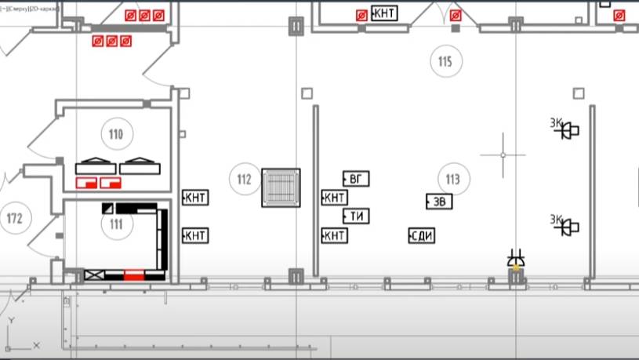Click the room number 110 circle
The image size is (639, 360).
point(116,134)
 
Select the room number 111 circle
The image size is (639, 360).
point(116,224)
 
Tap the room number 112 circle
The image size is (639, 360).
point(244,180)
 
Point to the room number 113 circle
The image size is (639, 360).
point(452,180)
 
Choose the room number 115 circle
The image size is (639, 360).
point(445,61)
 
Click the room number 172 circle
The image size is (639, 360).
point(13,216)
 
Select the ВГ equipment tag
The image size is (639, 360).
point(356,179)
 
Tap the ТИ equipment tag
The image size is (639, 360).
point(357,216)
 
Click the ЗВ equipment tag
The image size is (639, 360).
point(439,202)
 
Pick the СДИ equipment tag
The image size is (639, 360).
point(423,235)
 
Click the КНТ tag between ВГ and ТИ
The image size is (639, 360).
point(335,197)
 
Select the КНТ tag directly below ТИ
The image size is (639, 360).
point(335,235)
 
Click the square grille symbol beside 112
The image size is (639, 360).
point(281,187)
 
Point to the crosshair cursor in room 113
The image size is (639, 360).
point(503,155)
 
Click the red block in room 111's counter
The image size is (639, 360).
point(134,274)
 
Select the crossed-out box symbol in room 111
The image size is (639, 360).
point(93,275)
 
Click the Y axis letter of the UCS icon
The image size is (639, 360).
point(10,321)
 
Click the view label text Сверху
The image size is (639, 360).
point(27,9)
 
